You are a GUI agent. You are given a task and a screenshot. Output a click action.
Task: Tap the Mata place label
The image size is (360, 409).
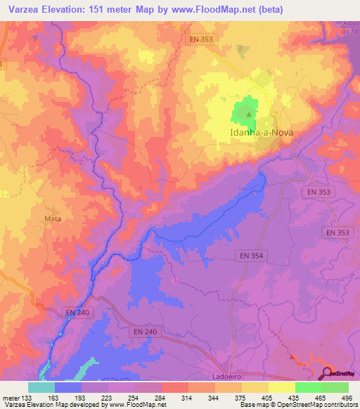coord(53,219)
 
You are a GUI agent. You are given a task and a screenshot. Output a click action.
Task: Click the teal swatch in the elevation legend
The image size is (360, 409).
coord(41,387)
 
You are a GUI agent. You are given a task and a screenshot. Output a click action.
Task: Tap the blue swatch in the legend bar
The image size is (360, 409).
coord(68,387)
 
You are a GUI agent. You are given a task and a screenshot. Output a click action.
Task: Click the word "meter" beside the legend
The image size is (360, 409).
coord(10,396)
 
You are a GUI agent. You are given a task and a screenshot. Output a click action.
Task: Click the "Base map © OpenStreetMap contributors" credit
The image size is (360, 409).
coord(297,405)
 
